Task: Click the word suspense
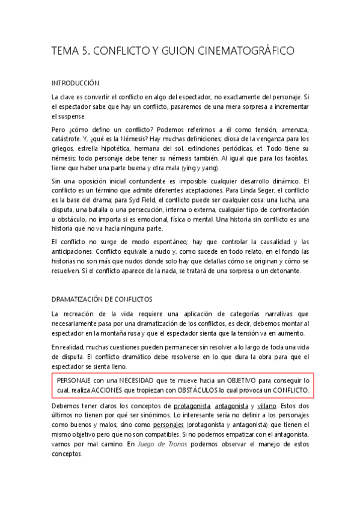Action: click(71, 116)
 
